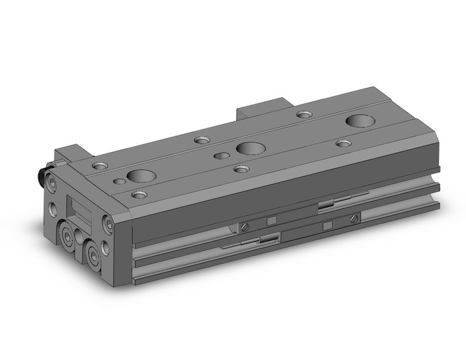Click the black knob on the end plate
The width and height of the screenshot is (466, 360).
coord(47,180)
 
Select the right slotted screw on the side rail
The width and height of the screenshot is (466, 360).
coord(353,219)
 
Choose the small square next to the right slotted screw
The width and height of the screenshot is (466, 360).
coord(328,226)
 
